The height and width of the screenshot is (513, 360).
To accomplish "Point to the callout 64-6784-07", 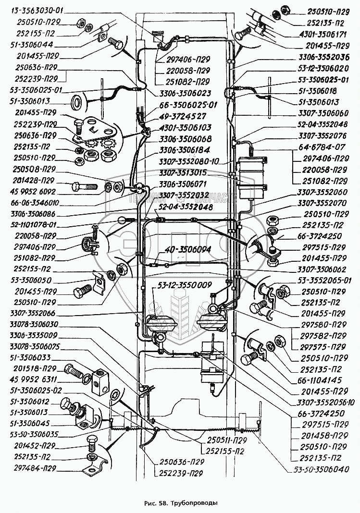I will point(325,147).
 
